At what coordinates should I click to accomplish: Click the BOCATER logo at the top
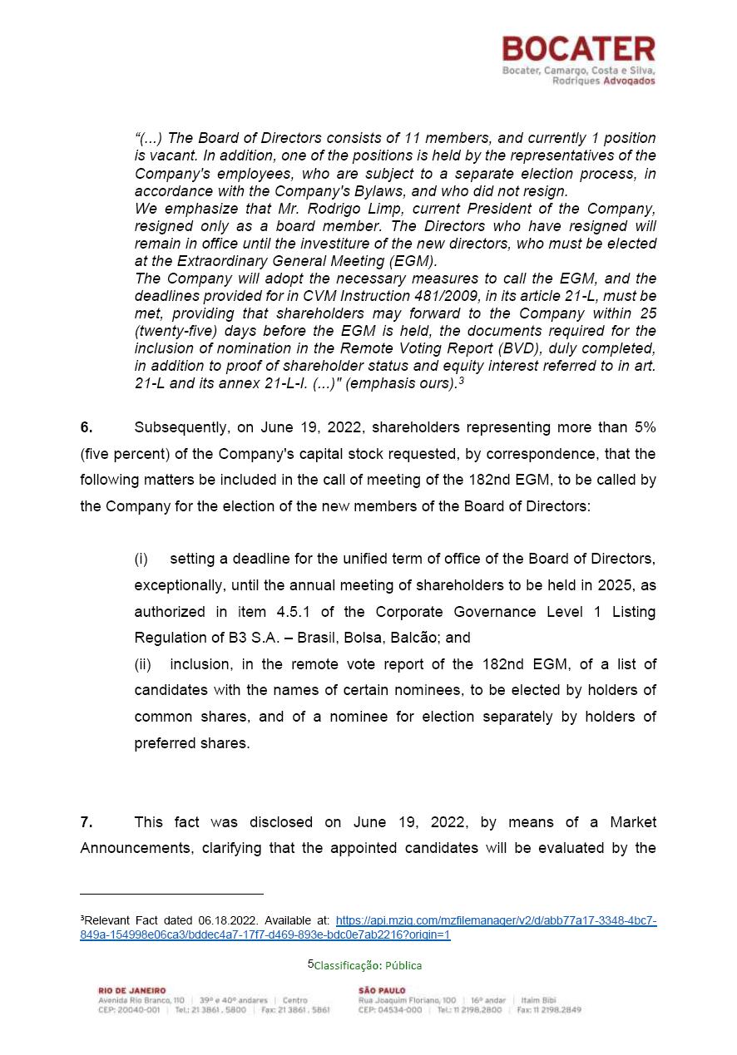point(578,49)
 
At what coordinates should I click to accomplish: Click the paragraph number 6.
point(87,427)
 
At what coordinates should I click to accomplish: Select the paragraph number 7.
point(87,822)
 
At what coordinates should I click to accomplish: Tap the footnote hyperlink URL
point(368,928)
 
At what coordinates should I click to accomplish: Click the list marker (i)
point(141,560)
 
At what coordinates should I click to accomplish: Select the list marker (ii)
point(143,664)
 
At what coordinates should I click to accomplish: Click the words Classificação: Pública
point(368,965)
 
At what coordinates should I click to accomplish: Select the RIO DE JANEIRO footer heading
point(132,991)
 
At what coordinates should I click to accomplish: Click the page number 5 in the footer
point(311,964)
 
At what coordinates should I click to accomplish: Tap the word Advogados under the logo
point(628,81)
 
